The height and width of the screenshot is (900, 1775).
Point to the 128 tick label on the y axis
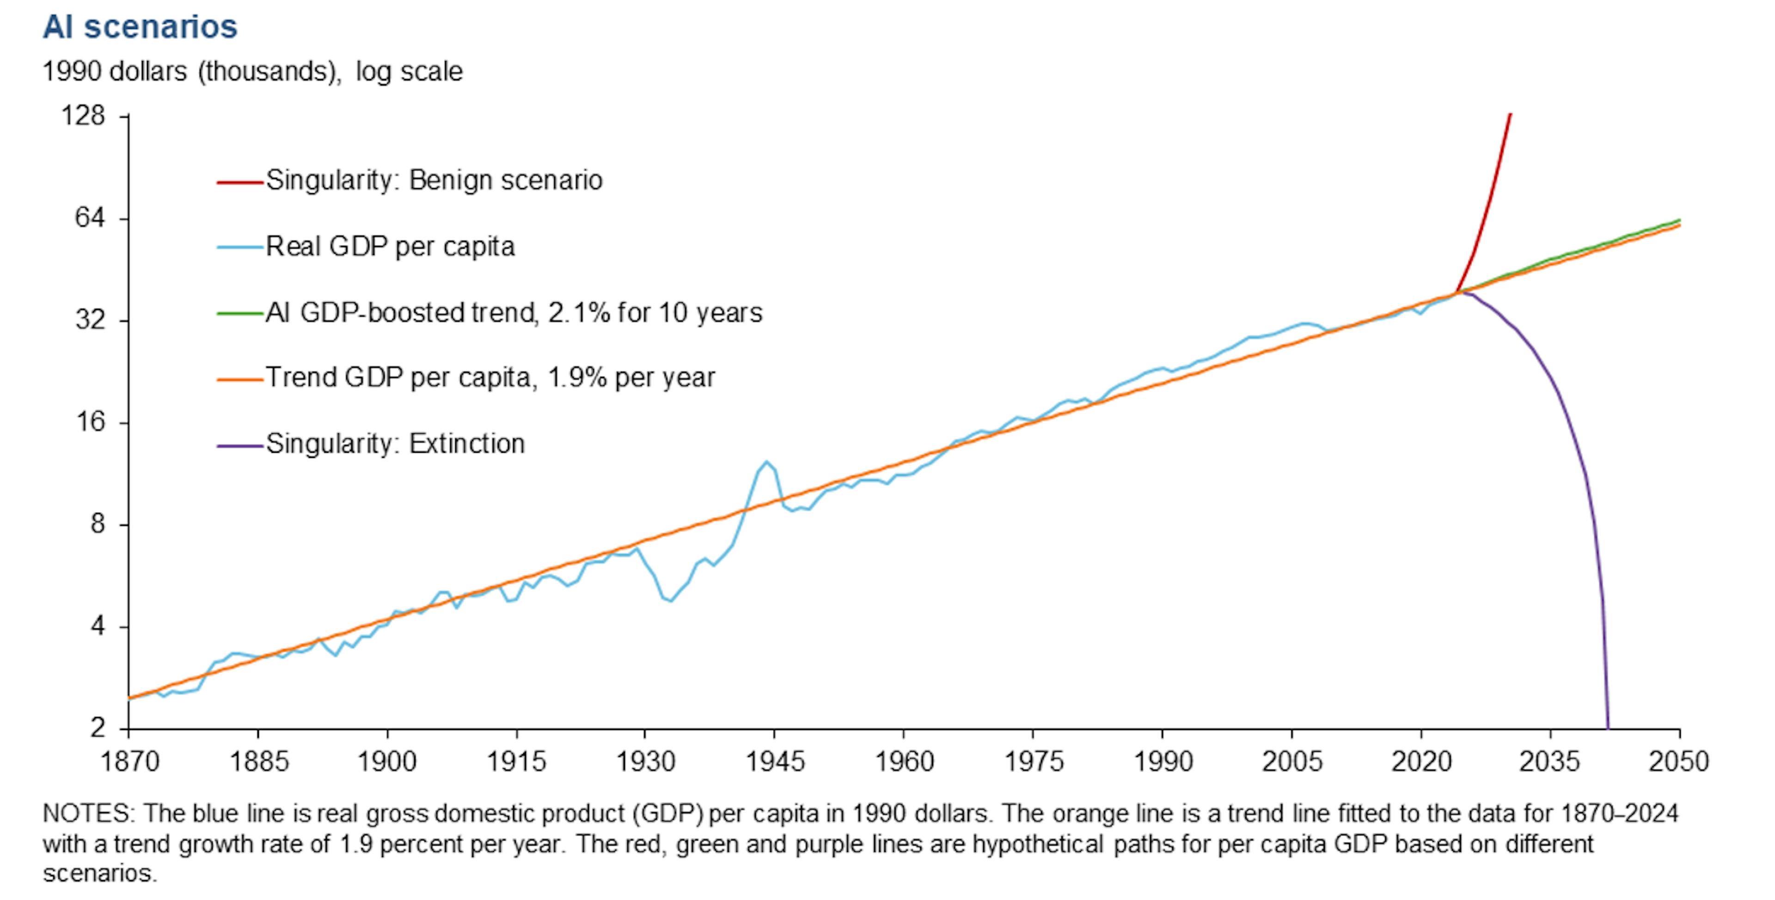(83, 116)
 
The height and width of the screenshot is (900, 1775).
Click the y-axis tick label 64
(90, 218)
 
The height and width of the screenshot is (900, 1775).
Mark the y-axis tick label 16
(90, 421)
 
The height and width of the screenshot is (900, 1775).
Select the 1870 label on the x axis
(129, 761)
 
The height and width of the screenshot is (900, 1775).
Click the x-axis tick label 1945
(775, 761)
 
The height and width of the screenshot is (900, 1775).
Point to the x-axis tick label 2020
(1421, 761)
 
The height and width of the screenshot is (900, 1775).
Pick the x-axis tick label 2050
(1678, 761)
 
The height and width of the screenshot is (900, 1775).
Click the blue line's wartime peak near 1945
(766, 462)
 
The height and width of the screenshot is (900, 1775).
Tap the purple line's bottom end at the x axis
(1608, 727)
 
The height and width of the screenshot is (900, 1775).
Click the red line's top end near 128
(1511, 114)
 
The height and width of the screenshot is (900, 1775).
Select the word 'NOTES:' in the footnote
(89, 814)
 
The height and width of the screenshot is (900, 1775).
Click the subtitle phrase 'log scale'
(409, 72)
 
